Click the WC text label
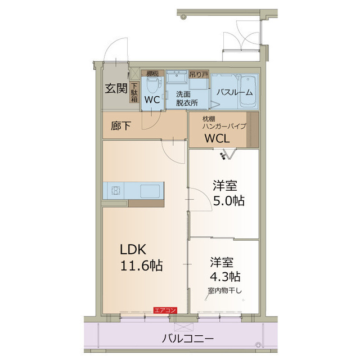[x=152, y=99]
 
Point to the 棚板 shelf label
[x=152, y=73]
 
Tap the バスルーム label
[x=235, y=92]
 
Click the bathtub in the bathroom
[x=247, y=93]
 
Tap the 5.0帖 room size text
[x=228, y=200]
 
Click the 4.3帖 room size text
[x=226, y=276]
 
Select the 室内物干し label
[x=224, y=290]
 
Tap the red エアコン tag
[x=165, y=310]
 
